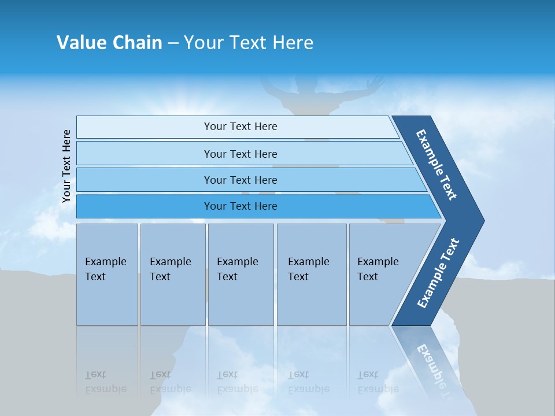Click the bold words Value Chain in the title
point(109,43)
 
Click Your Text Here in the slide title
point(249,43)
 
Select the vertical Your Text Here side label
point(67,166)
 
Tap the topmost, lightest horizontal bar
point(240,127)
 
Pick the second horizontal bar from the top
point(240,154)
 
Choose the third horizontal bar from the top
point(240,180)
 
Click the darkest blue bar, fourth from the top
point(240,206)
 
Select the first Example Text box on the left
point(107,274)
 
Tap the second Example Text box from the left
point(172,274)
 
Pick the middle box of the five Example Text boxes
point(240,274)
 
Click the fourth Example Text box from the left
point(311,274)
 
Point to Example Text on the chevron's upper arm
point(436,165)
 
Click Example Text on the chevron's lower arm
point(438,273)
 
